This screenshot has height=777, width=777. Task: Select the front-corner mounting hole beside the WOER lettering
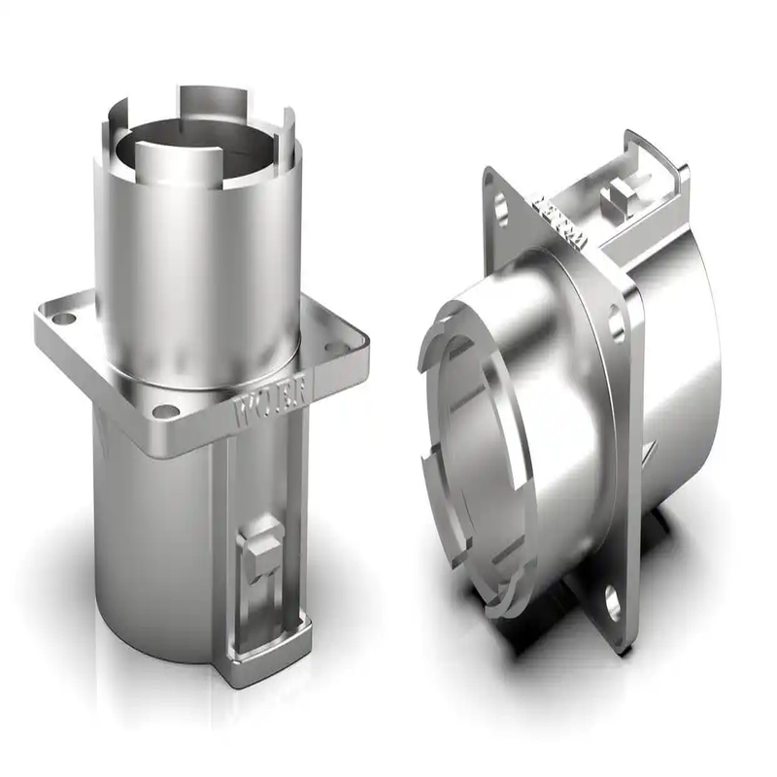pyautogui.click(x=166, y=411)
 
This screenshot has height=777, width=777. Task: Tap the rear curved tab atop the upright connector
pyautogui.click(x=209, y=97)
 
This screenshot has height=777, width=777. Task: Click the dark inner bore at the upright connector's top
pyautogui.click(x=194, y=146)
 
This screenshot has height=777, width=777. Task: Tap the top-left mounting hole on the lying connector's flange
pyautogui.click(x=501, y=206)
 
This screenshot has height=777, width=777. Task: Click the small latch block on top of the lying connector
pyautogui.click(x=618, y=200)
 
